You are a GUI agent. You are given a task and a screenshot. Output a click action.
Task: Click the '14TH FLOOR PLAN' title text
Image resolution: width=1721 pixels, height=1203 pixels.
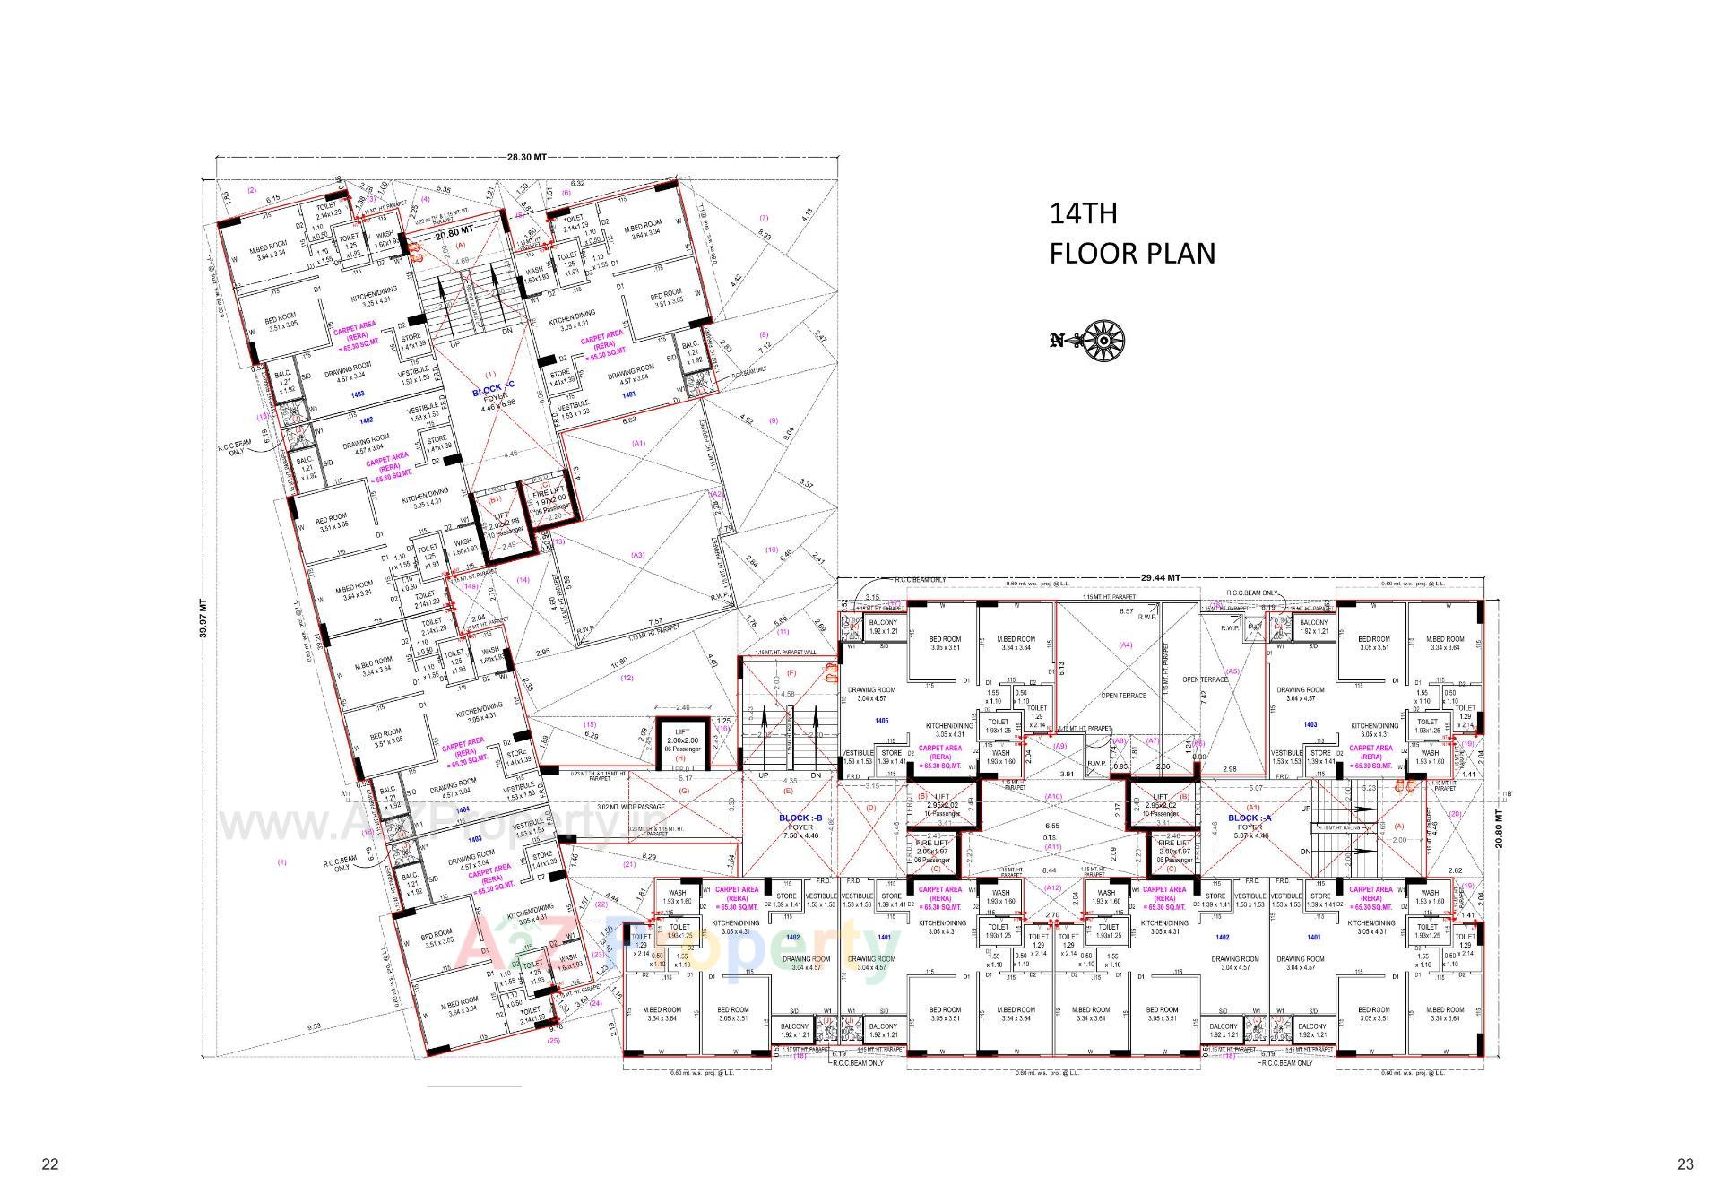point(1132,234)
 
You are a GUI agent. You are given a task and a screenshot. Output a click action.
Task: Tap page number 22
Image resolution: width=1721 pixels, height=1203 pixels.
point(50,1164)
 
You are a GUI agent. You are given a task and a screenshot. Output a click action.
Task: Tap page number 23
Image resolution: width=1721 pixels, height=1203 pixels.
point(1685,1164)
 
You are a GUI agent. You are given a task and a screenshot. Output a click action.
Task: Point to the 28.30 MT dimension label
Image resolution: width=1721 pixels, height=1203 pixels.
point(526,157)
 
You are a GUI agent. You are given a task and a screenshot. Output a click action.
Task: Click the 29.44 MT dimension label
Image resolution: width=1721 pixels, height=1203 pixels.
point(1160,578)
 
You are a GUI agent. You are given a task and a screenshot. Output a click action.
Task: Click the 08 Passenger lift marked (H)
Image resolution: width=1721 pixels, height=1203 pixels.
point(680,742)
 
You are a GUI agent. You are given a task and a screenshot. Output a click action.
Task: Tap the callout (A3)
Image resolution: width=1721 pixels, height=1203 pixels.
point(637,556)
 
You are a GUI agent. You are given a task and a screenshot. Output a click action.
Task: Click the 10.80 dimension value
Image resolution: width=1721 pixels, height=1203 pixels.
point(618,664)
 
